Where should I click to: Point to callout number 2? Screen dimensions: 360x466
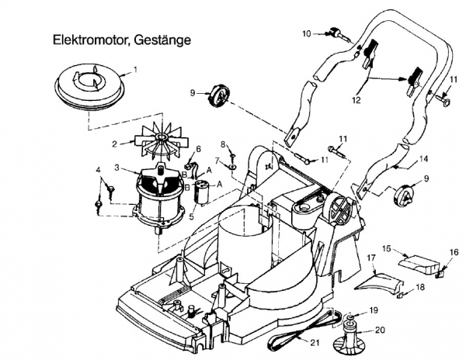[114, 143]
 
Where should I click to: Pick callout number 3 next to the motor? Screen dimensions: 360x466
[116, 167]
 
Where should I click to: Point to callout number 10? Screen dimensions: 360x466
[307, 33]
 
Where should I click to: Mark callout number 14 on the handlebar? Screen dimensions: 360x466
[424, 159]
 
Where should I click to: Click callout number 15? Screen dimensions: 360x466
[385, 250]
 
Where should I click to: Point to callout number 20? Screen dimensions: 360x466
[380, 328]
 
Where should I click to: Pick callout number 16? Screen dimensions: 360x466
[455, 252]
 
